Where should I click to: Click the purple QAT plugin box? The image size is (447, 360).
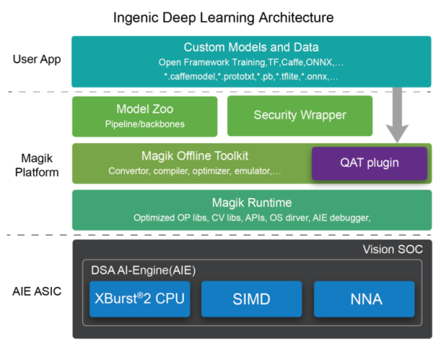click(x=369, y=163)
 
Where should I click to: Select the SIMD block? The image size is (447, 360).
click(x=251, y=299)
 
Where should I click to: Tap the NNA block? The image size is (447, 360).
click(x=364, y=299)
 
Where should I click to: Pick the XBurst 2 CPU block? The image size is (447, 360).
click(x=140, y=299)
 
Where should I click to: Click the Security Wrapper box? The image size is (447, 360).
click(x=300, y=116)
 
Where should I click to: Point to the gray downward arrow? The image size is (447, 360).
click(x=397, y=115)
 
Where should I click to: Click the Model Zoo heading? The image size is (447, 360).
click(x=145, y=109)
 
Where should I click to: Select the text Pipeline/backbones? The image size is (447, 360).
click(x=145, y=124)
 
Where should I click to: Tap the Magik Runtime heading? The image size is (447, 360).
click(x=251, y=203)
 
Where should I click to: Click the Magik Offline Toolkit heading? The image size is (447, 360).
click(x=195, y=156)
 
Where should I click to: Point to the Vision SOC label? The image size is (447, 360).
click(x=393, y=249)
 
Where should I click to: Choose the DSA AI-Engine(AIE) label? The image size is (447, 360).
click(x=143, y=270)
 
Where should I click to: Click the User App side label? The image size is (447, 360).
click(x=37, y=59)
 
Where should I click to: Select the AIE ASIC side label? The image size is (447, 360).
click(x=37, y=292)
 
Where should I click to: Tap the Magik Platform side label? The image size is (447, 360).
click(x=37, y=165)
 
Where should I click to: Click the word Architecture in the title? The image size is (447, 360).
click(x=296, y=17)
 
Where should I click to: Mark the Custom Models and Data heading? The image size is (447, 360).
click(x=251, y=47)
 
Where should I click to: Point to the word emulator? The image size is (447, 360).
click(x=252, y=171)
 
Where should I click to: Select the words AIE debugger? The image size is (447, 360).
click(x=341, y=218)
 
